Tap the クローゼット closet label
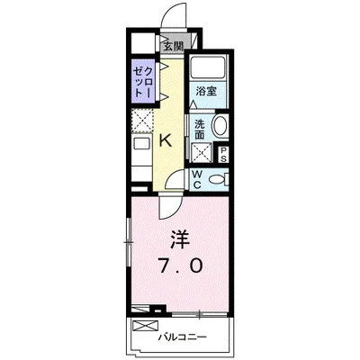coord(142,79)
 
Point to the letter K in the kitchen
coord(166,139)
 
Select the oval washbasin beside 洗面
coord(221,127)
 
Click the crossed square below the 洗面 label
coord(200,150)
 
